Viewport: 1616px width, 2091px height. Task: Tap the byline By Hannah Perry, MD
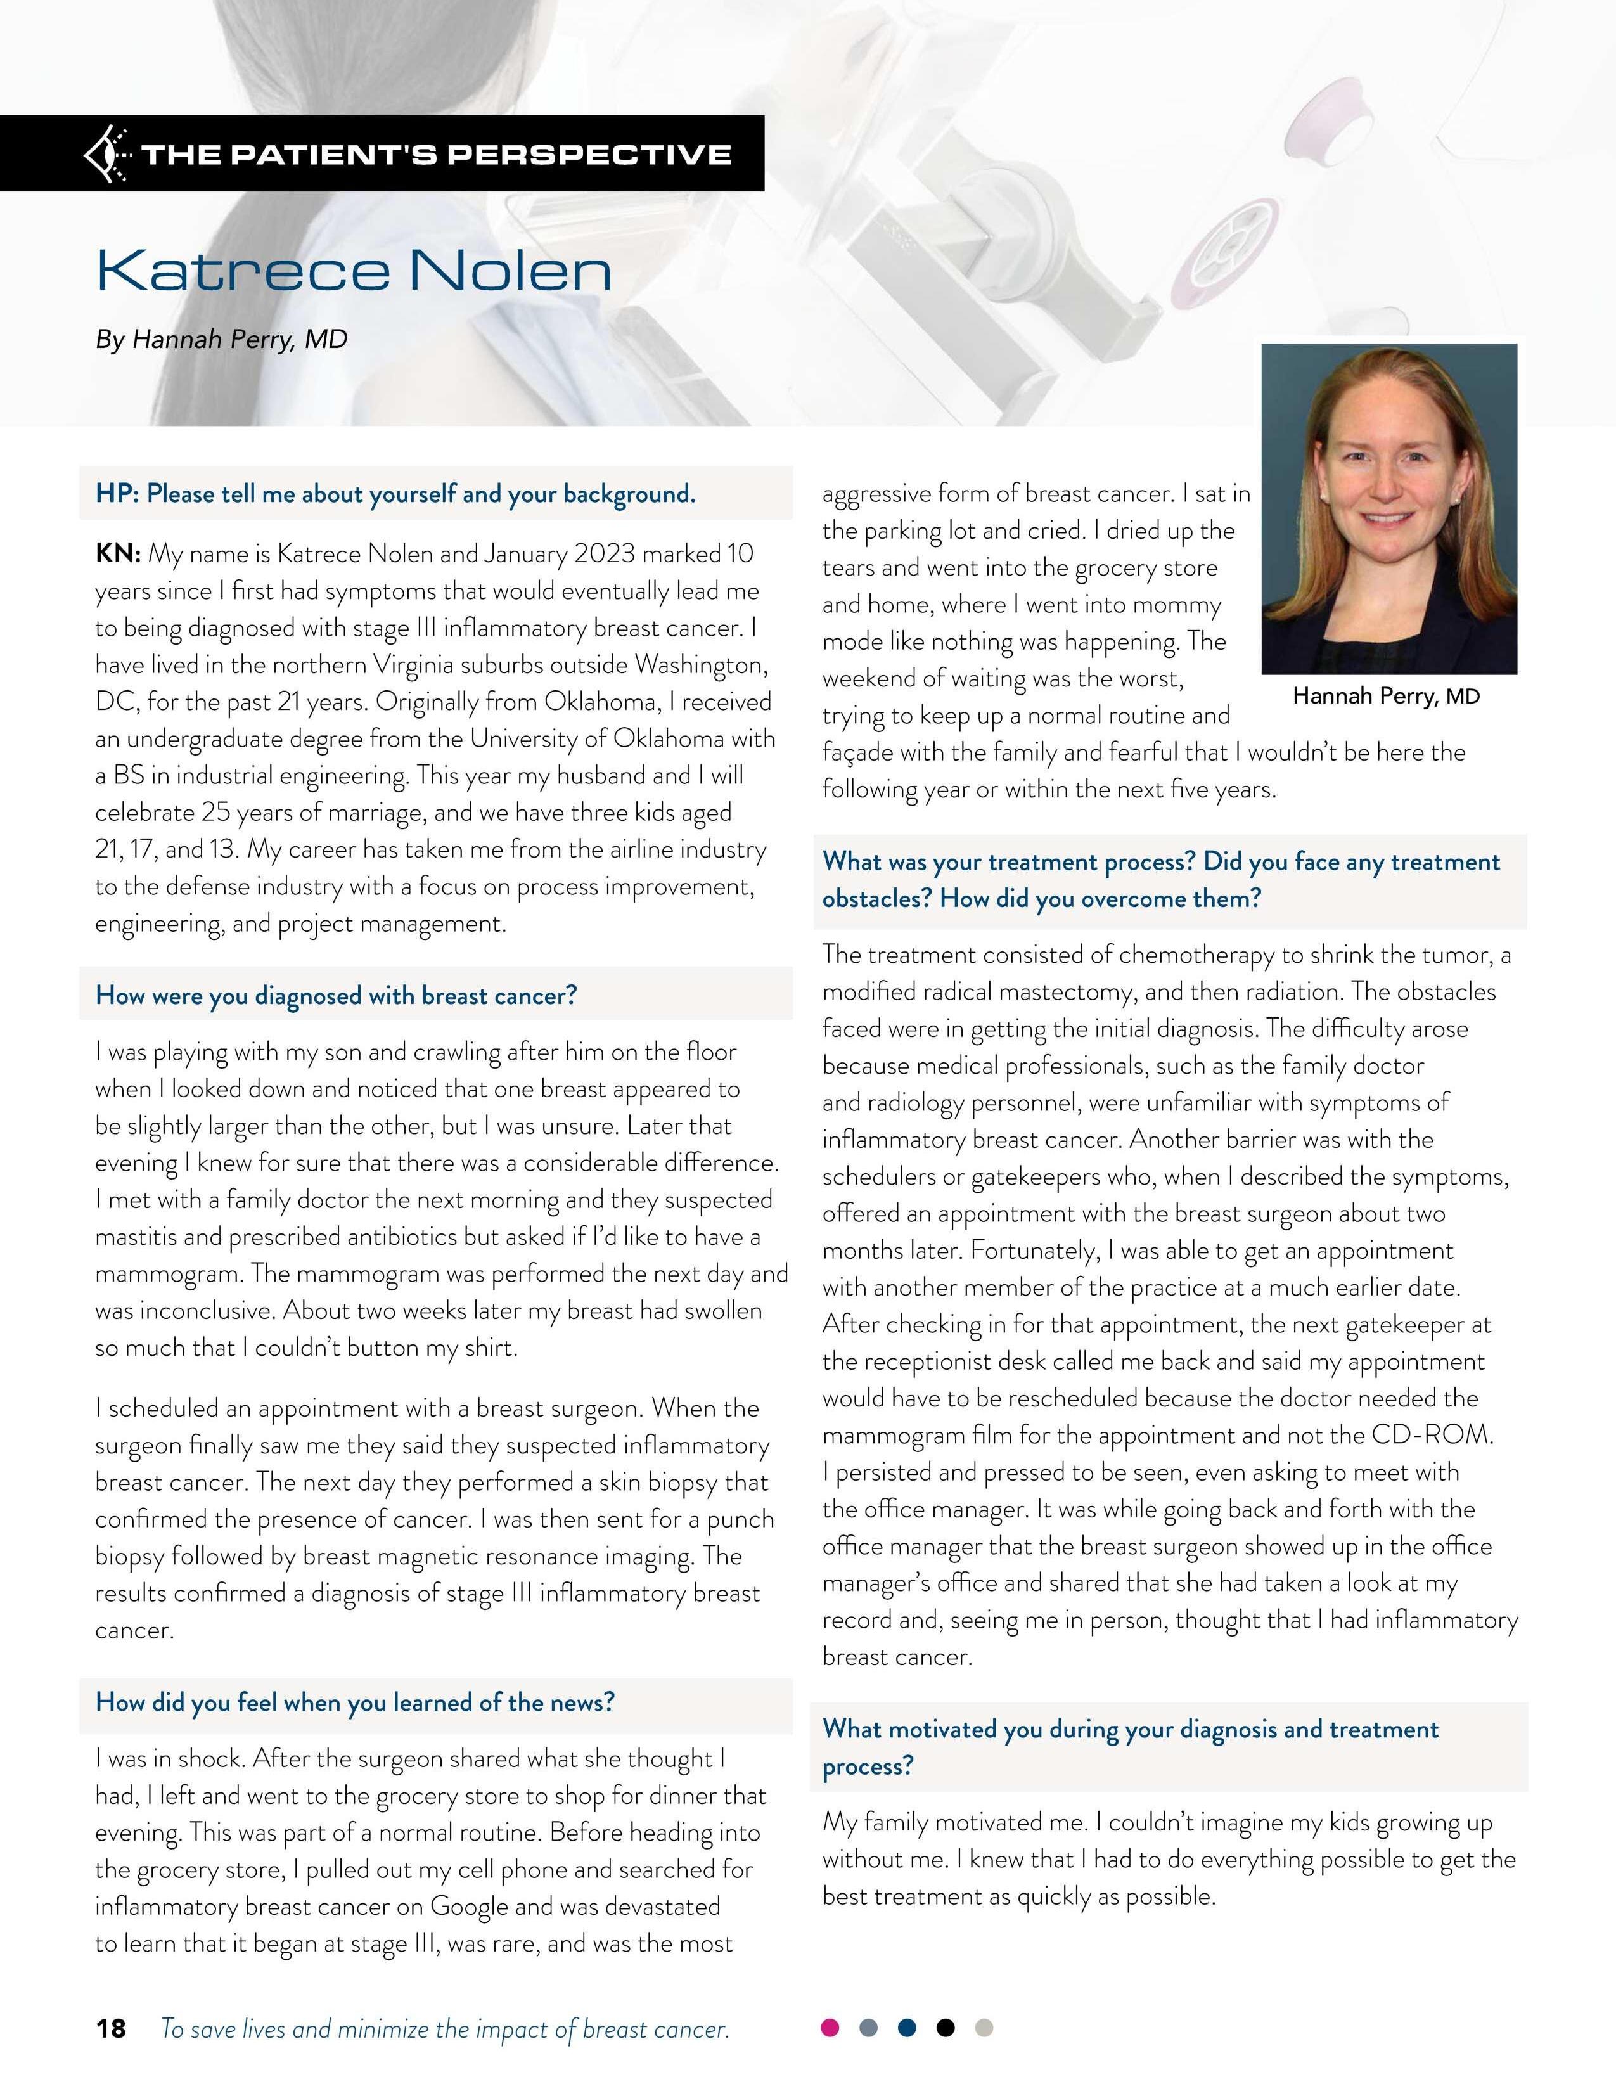click(221, 340)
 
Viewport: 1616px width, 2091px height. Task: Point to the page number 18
click(110, 2029)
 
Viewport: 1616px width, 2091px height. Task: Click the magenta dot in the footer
click(830, 2028)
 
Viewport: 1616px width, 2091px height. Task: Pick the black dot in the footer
click(945, 2028)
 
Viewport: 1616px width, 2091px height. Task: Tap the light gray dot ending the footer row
click(983, 2028)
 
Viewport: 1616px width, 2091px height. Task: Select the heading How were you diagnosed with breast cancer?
click(336, 996)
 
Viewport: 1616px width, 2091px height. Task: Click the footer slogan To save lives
click(445, 2029)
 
